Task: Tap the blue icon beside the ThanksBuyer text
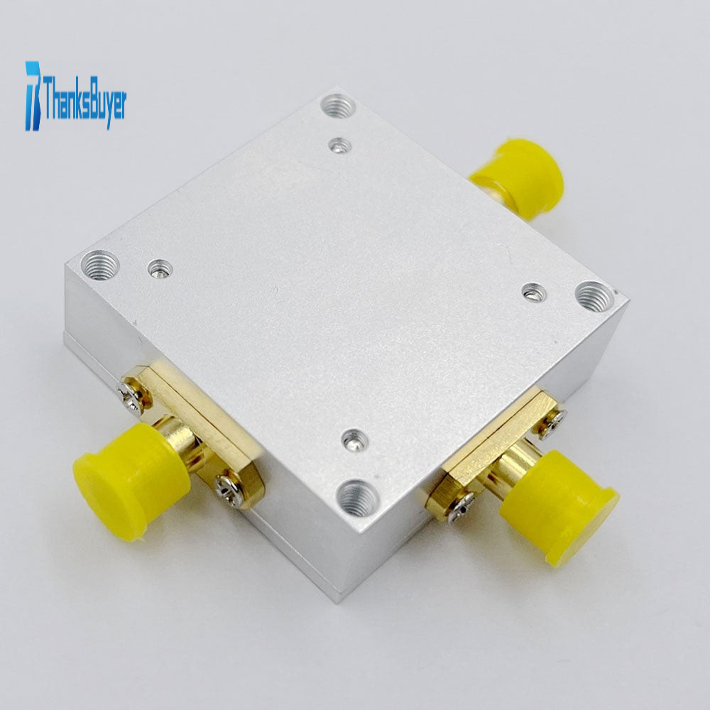click(x=33, y=96)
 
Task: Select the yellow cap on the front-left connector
click(x=131, y=481)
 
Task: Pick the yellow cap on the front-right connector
click(x=559, y=507)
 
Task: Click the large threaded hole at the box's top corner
click(x=338, y=106)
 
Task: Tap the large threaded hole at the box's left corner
click(x=100, y=266)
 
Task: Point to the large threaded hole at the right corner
click(x=594, y=297)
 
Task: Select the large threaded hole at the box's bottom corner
click(x=358, y=498)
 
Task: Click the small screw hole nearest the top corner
click(x=340, y=146)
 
